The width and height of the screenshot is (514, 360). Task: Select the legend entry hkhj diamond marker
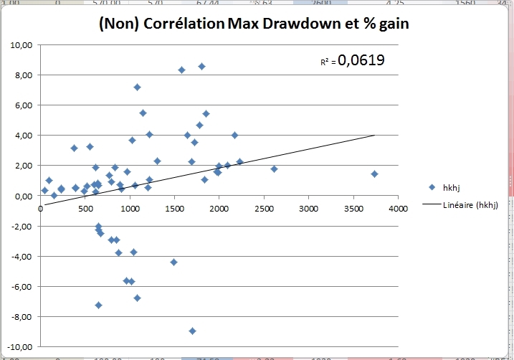pos(432,187)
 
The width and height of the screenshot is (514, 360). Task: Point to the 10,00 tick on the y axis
pos(21,45)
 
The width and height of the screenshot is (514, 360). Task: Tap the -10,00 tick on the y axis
pos(19,347)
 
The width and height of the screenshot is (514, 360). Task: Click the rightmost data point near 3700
pos(374,174)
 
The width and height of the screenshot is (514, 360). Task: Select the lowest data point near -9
pos(192,331)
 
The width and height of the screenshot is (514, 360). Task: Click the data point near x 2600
pos(274,169)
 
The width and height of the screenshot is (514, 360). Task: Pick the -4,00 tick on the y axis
pos(21,257)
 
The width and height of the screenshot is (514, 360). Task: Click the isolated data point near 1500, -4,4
pos(173,262)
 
